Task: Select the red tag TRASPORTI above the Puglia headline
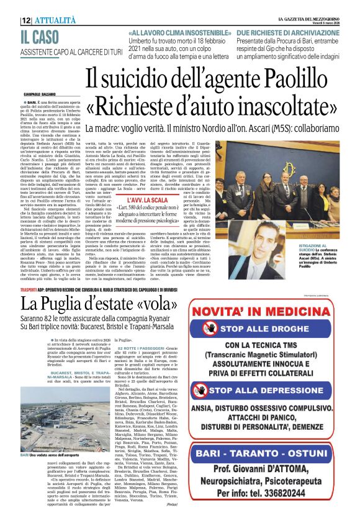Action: coord(29,291)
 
